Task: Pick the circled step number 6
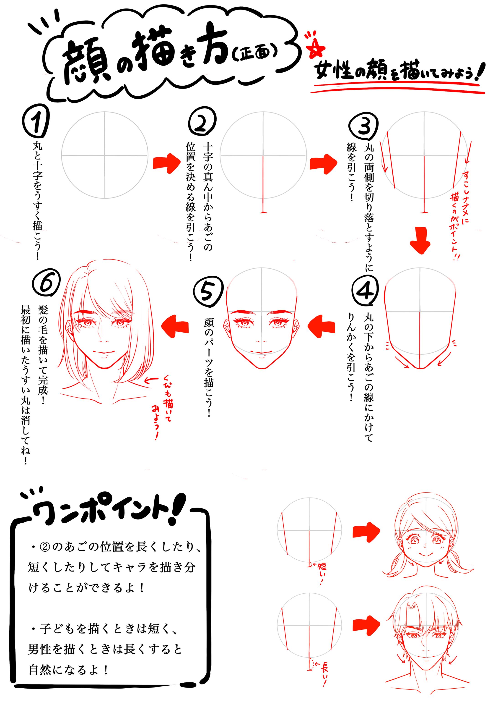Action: pos(46,283)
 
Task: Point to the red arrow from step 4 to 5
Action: pos(321,326)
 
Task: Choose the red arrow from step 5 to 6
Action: pos(175,326)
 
